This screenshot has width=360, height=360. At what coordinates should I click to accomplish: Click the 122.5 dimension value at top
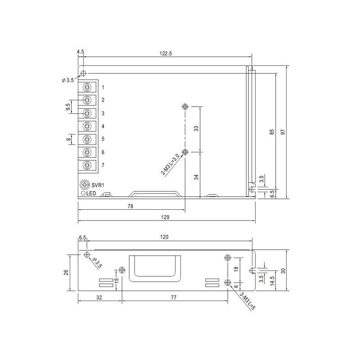click(x=166, y=54)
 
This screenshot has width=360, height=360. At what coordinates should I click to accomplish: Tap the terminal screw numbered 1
click(x=87, y=87)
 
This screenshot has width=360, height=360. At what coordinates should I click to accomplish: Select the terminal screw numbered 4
click(x=87, y=126)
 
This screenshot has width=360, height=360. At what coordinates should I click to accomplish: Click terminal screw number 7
click(x=87, y=165)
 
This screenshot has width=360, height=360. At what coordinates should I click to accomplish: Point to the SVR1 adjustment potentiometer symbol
click(x=85, y=184)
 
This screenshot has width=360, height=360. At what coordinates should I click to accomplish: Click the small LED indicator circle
click(x=83, y=193)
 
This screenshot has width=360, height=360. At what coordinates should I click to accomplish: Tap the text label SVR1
click(x=98, y=185)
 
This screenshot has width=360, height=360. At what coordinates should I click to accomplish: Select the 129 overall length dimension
click(x=165, y=217)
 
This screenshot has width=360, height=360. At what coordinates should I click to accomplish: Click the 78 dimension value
click(x=130, y=206)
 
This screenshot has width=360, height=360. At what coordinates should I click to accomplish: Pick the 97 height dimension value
click(x=283, y=132)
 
